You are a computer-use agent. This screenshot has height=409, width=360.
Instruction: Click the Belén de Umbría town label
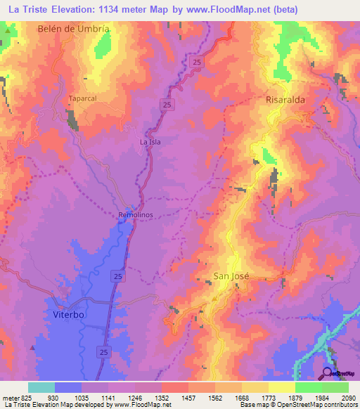pyautogui.click(x=73, y=29)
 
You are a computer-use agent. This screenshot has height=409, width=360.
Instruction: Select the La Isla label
pyautogui.click(x=150, y=142)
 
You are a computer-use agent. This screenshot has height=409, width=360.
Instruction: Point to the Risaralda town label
pyautogui.click(x=285, y=100)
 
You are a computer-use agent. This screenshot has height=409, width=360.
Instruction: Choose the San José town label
pyautogui.click(x=231, y=277)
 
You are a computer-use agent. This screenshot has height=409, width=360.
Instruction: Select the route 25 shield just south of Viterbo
pyautogui.click(x=104, y=351)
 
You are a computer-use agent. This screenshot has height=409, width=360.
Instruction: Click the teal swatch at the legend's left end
pyautogui.click(x=41, y=387)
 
